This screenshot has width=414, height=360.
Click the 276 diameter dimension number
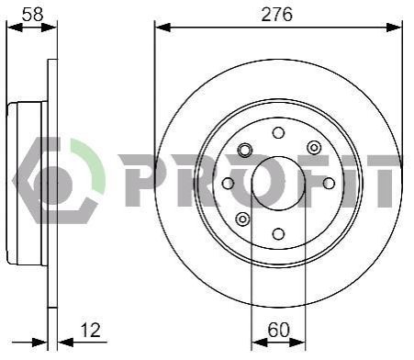[x=276, y=15]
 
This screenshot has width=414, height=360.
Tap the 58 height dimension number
[x=32, y=15]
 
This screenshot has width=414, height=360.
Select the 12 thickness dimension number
[x=90, y=330]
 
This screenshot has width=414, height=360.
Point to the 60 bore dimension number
[x=278, y=330]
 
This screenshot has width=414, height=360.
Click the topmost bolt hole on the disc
[x=278, y=133]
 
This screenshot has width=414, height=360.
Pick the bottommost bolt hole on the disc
[x=278, y=234]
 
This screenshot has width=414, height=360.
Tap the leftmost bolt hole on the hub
[x=228, y=184]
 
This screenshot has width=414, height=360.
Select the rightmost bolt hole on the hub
[x=329, y=184]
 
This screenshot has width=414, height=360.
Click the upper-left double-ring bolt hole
[x=245, y=150]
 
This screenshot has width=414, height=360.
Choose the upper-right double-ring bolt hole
[x=314, y=148]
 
